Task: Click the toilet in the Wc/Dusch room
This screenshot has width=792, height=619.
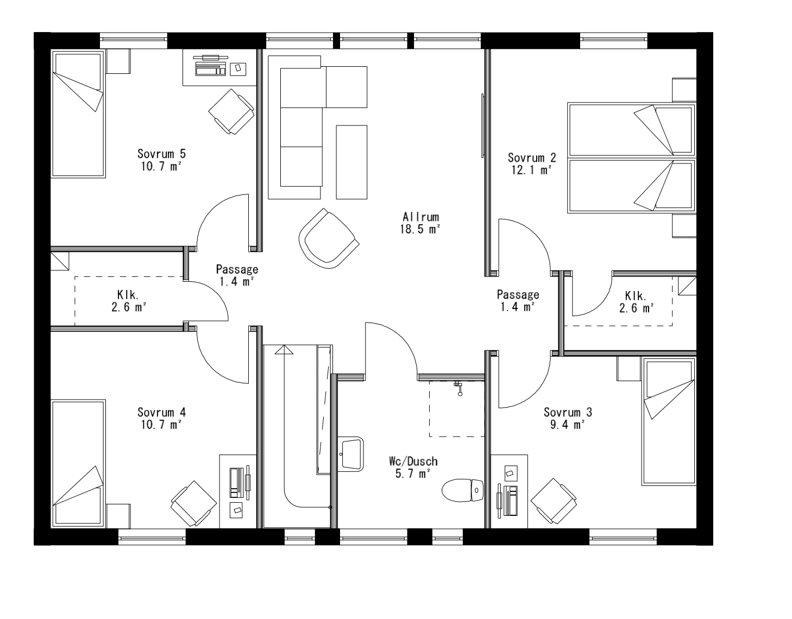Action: point(463,490)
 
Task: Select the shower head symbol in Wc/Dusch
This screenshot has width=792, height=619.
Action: point(459,387)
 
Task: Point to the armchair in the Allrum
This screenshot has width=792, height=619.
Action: point(328,239)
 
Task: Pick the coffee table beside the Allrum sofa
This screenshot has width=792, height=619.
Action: point(351,161)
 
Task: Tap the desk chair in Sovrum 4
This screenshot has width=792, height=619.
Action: point(193,503)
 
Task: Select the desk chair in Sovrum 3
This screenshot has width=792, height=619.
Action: point(553,501)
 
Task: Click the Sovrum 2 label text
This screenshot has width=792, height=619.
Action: point(532,157)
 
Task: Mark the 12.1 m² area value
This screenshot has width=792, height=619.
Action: point(531,169)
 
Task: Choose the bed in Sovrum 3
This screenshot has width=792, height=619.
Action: point(669,420)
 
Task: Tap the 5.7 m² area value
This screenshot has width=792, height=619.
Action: point(413,473)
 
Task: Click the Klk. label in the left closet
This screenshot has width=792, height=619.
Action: point(128,295)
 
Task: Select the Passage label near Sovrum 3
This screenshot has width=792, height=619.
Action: point(518,294)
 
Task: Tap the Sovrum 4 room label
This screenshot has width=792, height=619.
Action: point(161,412)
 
